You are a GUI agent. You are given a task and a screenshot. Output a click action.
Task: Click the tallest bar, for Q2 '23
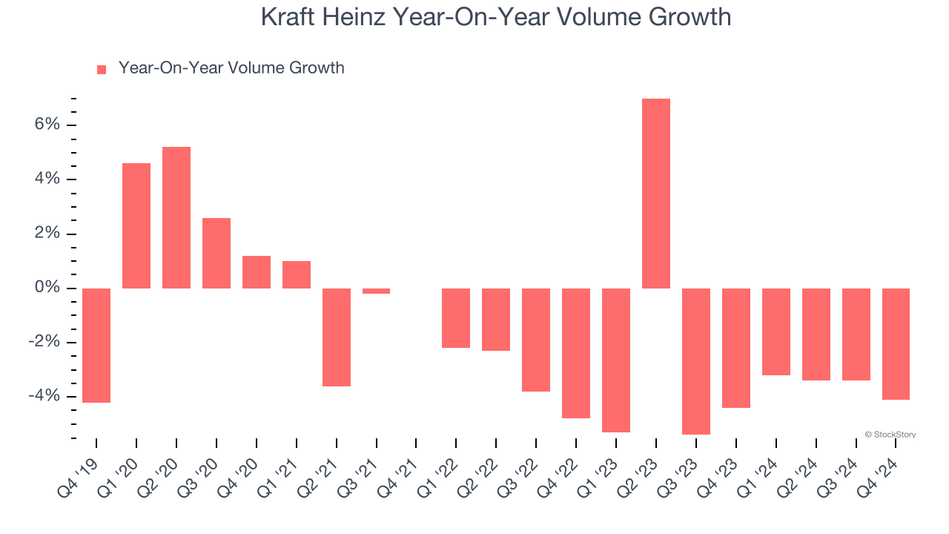pos(656,193)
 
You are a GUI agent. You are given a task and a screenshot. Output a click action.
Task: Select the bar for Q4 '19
pos(96,345)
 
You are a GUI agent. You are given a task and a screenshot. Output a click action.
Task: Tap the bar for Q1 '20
pos(136,225)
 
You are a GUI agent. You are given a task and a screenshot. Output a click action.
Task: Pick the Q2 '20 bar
pos(176,217)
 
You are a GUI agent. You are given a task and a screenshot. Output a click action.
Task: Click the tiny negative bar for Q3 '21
pos(376,291)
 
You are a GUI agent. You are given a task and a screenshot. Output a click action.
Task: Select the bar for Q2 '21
pos(336,337)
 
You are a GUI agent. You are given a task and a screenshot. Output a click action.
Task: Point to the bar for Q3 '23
pos(696,361)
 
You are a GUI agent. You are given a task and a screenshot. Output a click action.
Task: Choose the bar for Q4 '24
pos(896,343)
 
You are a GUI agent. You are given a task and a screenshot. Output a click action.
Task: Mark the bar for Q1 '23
pos(616,360)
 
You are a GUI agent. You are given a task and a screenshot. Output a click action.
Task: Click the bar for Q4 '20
pos(257,271)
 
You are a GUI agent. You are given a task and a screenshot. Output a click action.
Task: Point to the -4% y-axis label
pos(44,396)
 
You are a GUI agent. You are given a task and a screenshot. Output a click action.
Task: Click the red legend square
pos(102,69)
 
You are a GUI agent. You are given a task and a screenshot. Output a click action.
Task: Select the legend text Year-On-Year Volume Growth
pos(231,68)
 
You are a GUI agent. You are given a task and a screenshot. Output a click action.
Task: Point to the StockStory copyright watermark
pos(890,435)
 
